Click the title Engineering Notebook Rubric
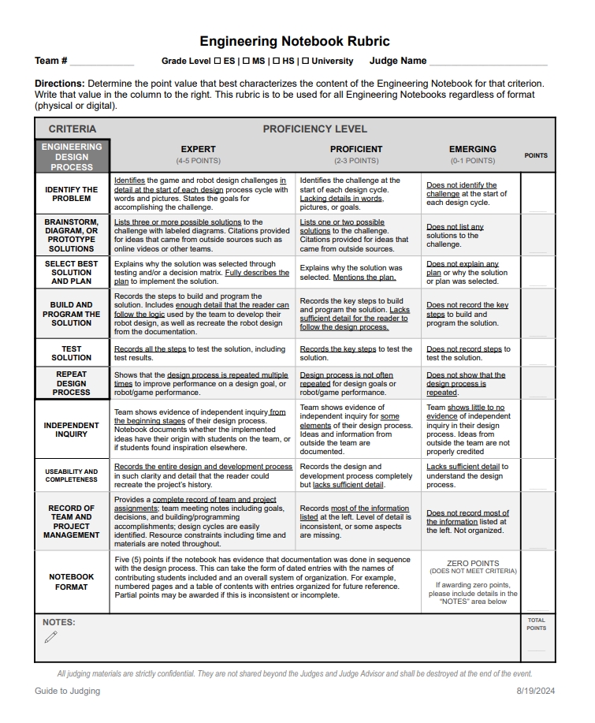tap(294, 41)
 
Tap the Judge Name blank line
tap(488, 62)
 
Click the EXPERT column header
tap(198, 149)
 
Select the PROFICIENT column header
tap(356, 149)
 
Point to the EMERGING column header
tap(472, 149)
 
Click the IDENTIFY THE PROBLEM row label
tap(72, 194)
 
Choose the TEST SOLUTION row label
tap(72, 353)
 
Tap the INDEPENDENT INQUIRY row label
tap(72, 430)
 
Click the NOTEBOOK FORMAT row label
tap(72, 582)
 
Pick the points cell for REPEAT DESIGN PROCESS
tap(537, 383)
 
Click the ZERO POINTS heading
tap(473, 563)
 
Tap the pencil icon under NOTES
tap(51, 637)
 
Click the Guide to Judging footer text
tap(67, 691)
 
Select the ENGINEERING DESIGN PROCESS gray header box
tap(72, 156)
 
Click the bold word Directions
tap(59, 83)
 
